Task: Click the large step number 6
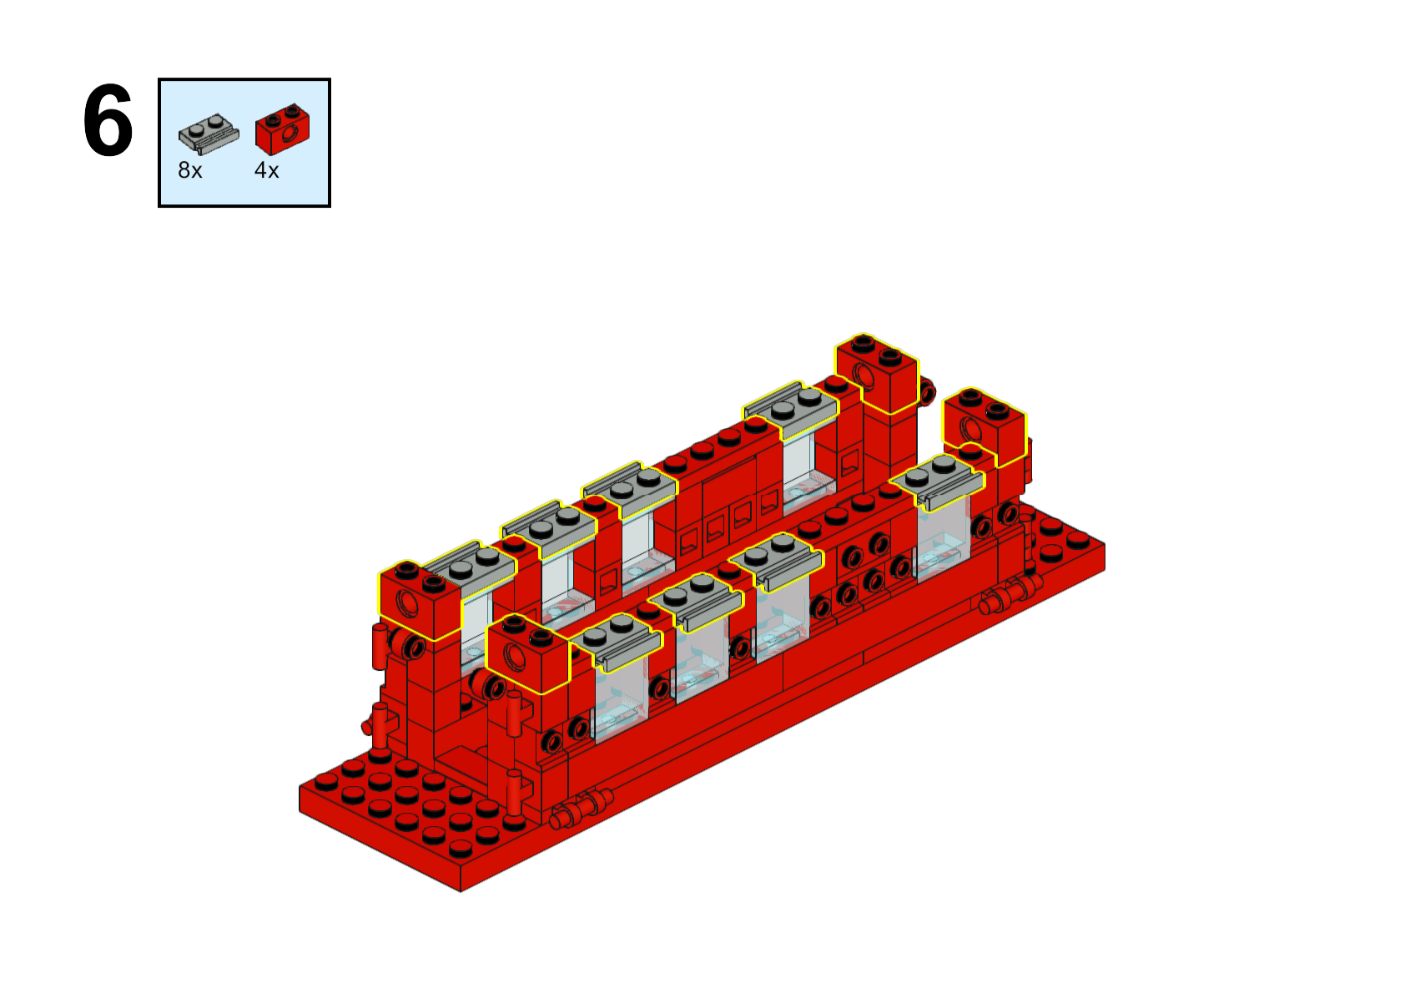108,120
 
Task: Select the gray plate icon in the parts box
209,134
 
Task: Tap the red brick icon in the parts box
282,129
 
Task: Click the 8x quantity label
190,170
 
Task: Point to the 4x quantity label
267,170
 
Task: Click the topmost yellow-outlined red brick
877,374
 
